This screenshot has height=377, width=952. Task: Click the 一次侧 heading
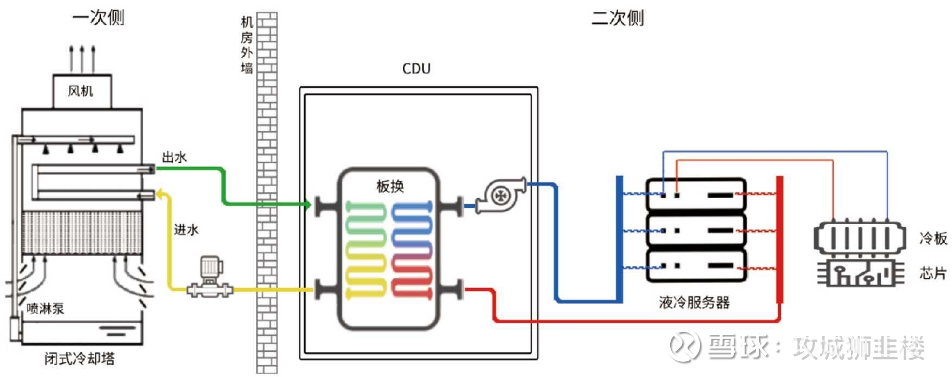tap(98, 18)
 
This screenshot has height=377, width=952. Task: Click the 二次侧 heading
tap(617, 18)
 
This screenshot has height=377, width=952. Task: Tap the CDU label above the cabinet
tap(416, 69)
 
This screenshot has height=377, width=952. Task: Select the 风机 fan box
tap(81, 91)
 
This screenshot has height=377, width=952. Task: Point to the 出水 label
tap(174, 157)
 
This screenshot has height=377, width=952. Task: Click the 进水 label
tap(186, 229)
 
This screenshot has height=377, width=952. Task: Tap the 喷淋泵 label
tap(46, 309)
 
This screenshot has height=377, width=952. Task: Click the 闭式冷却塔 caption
tap(79, 359)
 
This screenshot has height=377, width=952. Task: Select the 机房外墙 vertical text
tap(247, 45)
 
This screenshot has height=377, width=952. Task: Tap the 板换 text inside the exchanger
tap(390, 187)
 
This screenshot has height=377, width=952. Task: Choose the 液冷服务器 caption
tap(694, 302)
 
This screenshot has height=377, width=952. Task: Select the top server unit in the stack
tap(696, 194)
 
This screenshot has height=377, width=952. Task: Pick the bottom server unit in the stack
tap(696, 266)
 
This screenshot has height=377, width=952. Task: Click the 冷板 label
tap(933, 238)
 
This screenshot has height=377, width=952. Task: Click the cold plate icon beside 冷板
tap(859, 237)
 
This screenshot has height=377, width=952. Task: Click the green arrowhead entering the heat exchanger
tap(307, 205)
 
